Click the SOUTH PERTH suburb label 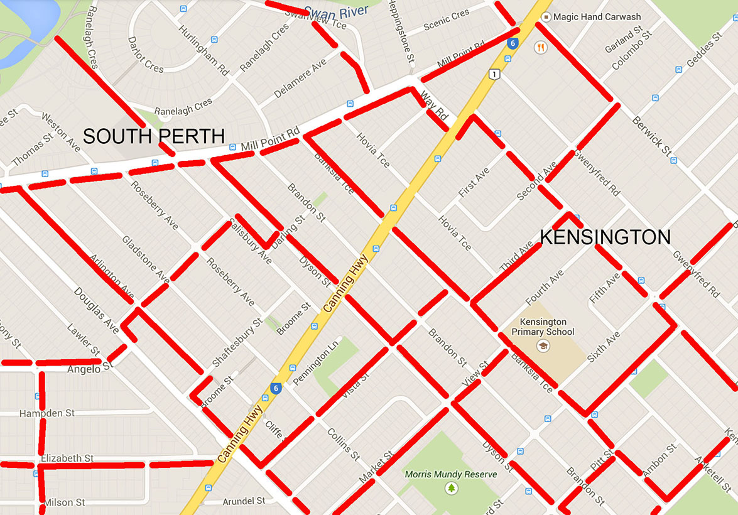pos(154,136)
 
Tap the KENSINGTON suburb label pos(605,237)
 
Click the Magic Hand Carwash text pos(597,17)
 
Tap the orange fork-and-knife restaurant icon pos(540,46)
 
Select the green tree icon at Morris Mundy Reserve pos(451,488)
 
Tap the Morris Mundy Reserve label pos(451,474)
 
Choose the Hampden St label pos(47,413)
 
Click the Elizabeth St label pos(67,458)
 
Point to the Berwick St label pos(652,133)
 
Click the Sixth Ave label pos(604,346)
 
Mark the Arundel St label pos(244,501)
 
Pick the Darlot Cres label pos(145,54)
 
